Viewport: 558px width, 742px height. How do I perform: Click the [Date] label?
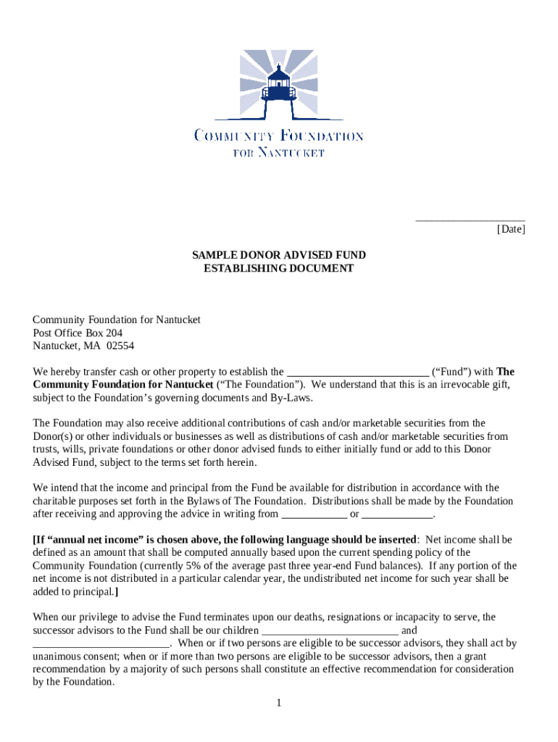511,230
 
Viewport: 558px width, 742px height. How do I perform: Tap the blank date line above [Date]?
470,219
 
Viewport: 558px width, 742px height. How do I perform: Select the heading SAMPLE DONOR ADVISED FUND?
279,255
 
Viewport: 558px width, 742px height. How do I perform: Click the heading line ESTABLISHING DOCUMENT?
279,268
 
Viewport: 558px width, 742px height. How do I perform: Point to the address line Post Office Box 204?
78,333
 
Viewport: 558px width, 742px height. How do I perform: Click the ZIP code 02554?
120,346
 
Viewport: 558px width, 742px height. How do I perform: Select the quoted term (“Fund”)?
451,372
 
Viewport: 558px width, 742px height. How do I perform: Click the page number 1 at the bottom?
278,703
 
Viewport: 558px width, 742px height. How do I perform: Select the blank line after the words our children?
330,630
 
